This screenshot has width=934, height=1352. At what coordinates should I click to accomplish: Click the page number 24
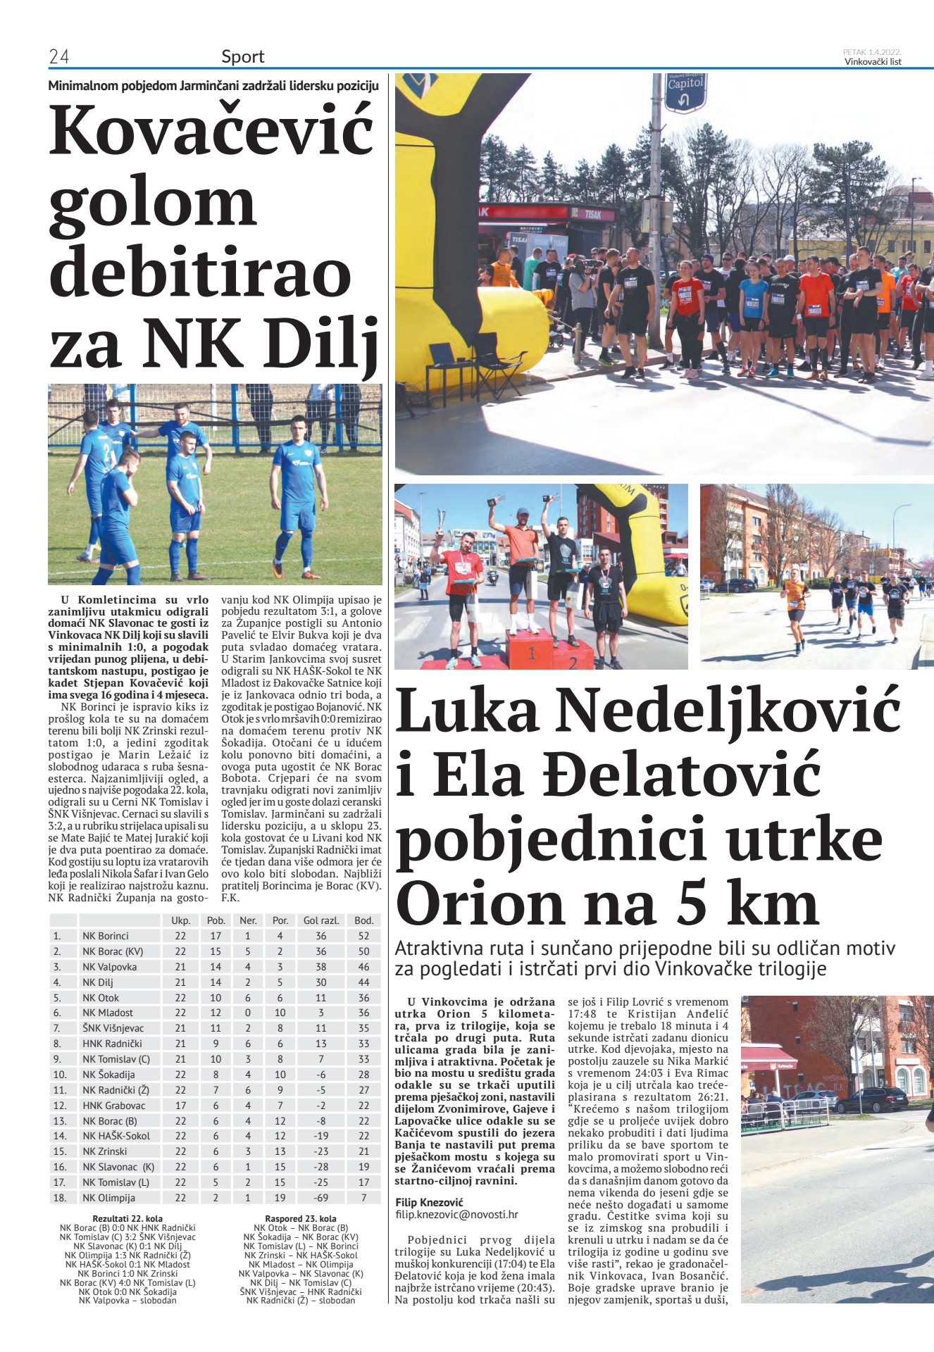point(58,56)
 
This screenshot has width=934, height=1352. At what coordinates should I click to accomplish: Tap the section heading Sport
point(243,56)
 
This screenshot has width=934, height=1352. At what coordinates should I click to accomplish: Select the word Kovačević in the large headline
point(211,130)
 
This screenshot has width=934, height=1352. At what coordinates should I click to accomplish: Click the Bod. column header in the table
point(363,920)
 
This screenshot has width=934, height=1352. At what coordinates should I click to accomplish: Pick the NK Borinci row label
point(106,936)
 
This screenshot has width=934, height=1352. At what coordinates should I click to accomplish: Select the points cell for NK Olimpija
point(363,1198)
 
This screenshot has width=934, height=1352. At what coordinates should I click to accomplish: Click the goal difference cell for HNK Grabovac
point(320,1106)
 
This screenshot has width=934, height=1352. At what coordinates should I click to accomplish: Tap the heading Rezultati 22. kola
point(127,1218)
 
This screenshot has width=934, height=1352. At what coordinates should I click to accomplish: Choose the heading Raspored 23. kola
point(301,1218)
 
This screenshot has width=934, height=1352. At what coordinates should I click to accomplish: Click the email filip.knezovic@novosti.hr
point(456,1214)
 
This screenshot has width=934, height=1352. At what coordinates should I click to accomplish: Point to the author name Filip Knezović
point(430,1202)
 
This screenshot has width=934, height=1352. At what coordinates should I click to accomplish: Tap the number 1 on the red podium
point(532,653)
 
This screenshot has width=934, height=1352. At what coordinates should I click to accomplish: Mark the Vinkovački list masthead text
point(873,61)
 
